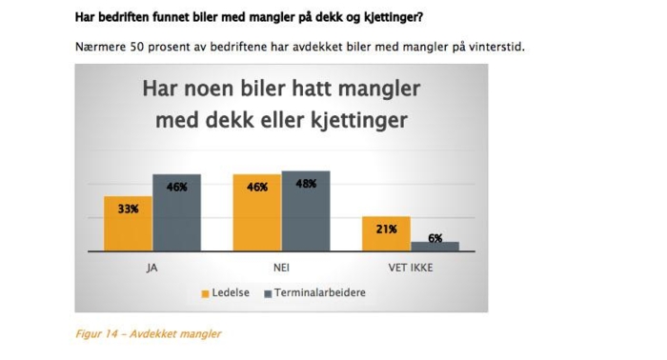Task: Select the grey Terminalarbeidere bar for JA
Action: (x=176, y=211)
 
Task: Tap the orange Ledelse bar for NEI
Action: (x=257, y=211)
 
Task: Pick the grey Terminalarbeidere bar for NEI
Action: (x=306, y=210)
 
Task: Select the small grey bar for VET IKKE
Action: (x=435, y=246)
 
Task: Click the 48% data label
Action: (x=306, y=185)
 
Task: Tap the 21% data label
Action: (x=387, y=230)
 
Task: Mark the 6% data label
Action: (x=435, y=239)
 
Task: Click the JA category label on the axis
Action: (x=152, y=268)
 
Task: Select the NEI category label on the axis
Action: (x=281, y=268)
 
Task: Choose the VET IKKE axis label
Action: (x=411, y=268)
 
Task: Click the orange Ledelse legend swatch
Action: (x=204, y=293)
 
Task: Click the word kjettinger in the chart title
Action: (x=359, y=120)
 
